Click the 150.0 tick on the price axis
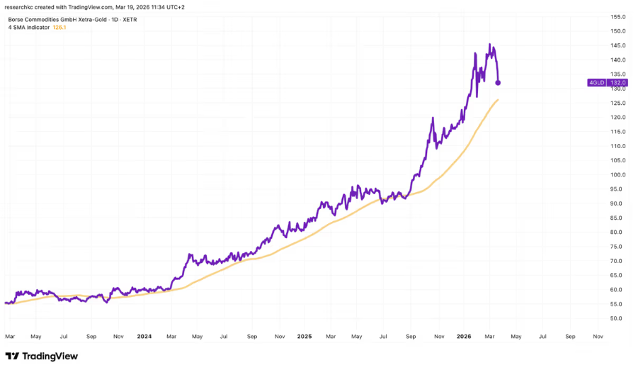[x=618, y=31]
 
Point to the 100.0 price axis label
[x=618, y=174]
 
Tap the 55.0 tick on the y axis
[x=618, y=304]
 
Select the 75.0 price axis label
[x=618, y=247]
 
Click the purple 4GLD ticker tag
[x=596, y=83]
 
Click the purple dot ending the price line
[x=498, y=83]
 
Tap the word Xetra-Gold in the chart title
[x=88, y=19]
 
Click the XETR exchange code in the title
[x=129, y=19]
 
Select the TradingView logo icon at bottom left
[x=12, y=356]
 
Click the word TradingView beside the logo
[x=50, y=356]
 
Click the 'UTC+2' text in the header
[x=176, y=6]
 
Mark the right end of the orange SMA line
[x=498, y=100]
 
